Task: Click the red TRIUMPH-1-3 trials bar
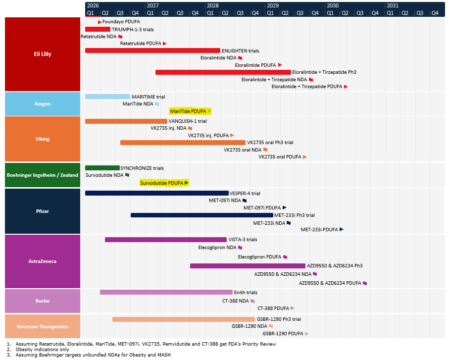coord(98,29)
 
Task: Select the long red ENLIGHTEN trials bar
coord(152,51)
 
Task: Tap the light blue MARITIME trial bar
coord(107,97)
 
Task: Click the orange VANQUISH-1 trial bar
coord(126,121)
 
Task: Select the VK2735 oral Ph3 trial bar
coord(183,143)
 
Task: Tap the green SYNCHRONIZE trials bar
coord(102,168)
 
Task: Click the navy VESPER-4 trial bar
coord(157,193)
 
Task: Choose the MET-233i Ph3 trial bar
coord(202,215)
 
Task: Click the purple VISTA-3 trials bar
coord(166,240)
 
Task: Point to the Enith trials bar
coord(166,293)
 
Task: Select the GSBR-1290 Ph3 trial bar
coord(184,319)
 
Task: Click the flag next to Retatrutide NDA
coord(121,37)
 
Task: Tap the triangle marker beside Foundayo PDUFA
coord(100,22)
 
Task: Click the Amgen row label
coord(43,103)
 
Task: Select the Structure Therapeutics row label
coord(43,326)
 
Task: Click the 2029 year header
coord(273,6)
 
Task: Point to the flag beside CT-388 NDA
coord(252,301)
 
